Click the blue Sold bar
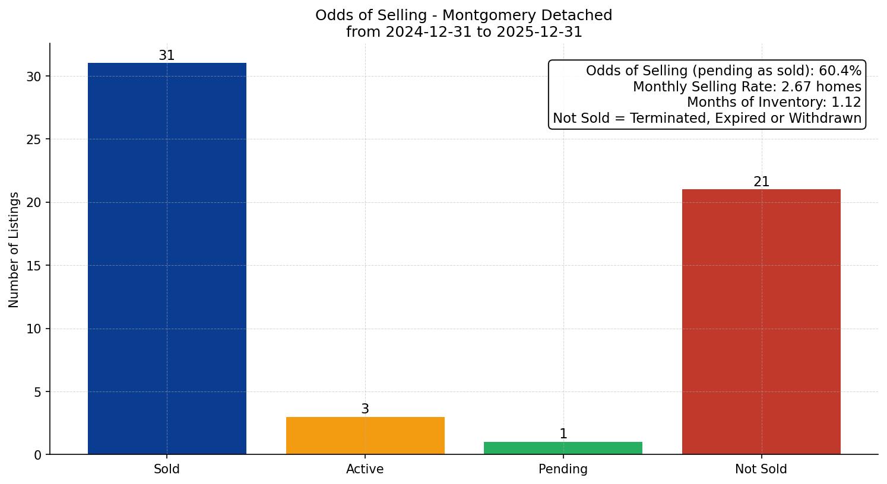167,259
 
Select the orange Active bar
365,435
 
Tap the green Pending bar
563,448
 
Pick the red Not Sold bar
761,321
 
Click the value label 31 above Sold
167,56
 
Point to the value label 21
761,182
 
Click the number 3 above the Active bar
365,409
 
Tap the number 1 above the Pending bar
563,434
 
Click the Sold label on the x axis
167,469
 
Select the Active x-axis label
365,469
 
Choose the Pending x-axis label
563,469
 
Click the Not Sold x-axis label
761,469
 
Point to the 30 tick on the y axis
34,77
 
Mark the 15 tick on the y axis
34,266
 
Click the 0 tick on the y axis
38,455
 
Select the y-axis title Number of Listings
14,250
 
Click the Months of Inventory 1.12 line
774,103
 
